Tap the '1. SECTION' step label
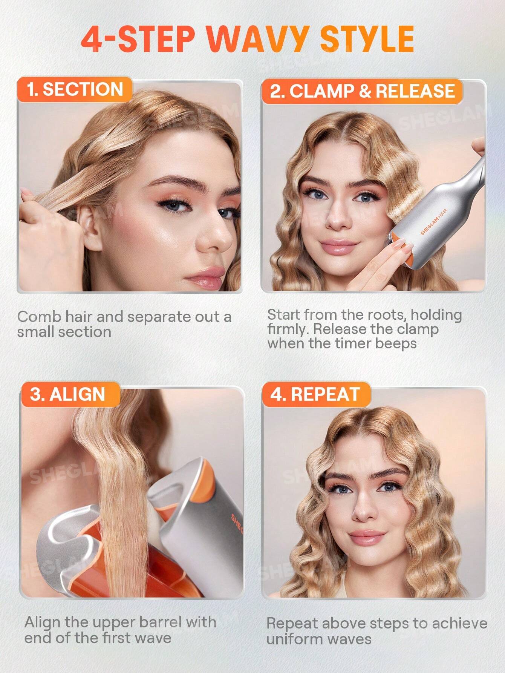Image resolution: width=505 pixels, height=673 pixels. pyautogui.click(x=75, y=89)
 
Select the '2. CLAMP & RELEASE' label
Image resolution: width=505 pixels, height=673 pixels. pyautogui.click(x=362, y=91)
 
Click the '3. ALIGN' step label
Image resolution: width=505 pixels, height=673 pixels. pyautogui.click(x=67, y=394)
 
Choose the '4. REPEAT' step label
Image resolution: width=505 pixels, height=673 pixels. pyautogui.click(x=315, y=394)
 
